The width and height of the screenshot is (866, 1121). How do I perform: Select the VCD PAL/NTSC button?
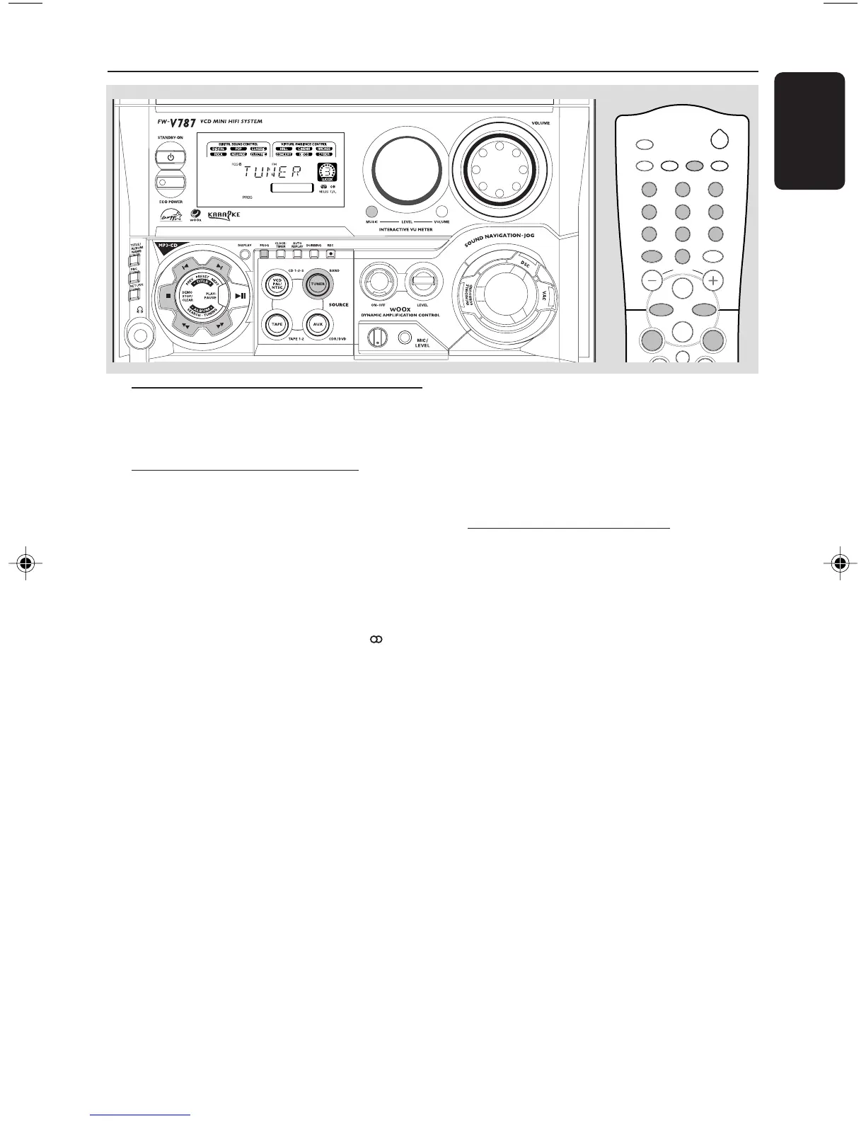pyautogui.click(x=277, y=284)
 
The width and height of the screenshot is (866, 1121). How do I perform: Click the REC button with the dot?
pyautogui.click(x=330, y=254)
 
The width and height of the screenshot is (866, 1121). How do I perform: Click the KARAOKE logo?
pyautogui.click(x=224, y=215)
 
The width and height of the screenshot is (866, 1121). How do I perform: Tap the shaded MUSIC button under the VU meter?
pyautogui.click(x=371, y=212)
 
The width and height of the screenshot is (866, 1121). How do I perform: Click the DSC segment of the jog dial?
pyautogui.click(x=525, y=263)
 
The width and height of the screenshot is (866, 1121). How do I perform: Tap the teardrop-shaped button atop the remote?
pyautogui.click(x=720, y=139)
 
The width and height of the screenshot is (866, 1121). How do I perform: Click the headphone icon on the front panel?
pyautogui.click(x=139, y=309)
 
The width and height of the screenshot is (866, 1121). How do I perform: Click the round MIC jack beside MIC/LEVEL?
pyautogui.click(x=405, y=338)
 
